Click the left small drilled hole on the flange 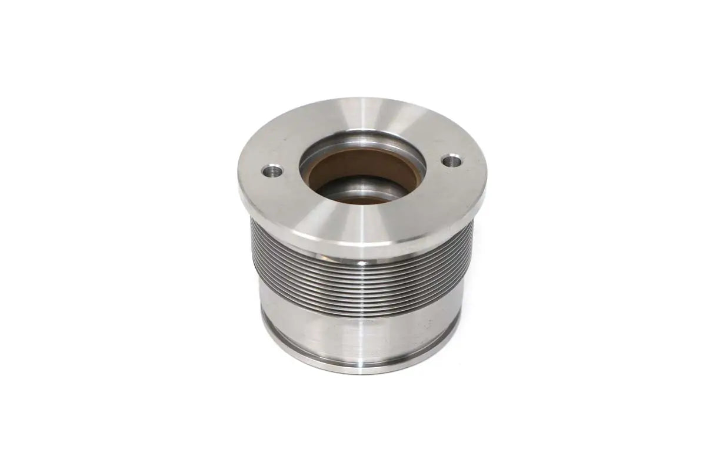pyautogui.click(x=272, y=172)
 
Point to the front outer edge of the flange pyautogui.click(x=359, y=250)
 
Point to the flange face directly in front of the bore pyautogui.click(x=359, y=223)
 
